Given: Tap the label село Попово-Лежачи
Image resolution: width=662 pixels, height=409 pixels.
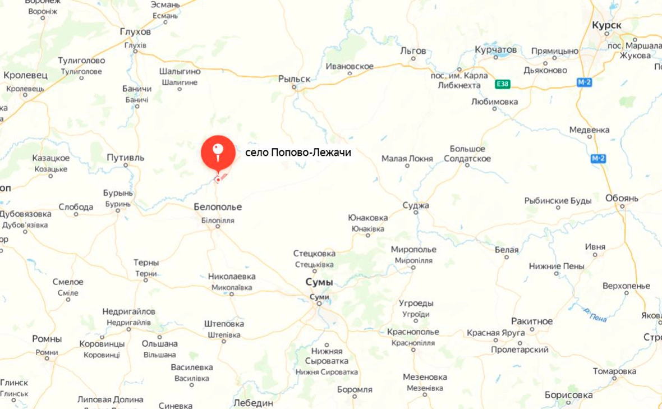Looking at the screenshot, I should coord(298,152).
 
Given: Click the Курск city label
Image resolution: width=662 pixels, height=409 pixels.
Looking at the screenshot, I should coord(606,26).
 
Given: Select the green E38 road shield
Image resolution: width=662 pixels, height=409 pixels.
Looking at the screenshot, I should coord(503,84).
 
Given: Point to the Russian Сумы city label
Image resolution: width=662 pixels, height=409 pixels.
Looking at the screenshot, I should coord(319,282).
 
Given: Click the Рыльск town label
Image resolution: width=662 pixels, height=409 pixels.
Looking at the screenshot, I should coord(294,79).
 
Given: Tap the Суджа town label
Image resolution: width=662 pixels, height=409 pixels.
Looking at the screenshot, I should coord(416,205).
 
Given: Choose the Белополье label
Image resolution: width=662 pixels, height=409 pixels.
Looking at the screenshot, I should coord(218,207).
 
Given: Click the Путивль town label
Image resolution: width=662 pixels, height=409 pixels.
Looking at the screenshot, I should coord(126,158).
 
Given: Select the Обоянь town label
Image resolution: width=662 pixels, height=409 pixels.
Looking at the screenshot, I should coord(622,198).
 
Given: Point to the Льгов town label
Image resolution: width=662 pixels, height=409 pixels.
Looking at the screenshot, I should coord(413,50).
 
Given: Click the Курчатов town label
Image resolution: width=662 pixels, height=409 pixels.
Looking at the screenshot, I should coord(495,50).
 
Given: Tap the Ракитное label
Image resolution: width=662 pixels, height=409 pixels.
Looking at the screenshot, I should coord(532,321).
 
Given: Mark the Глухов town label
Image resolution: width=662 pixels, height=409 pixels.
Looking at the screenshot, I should coord(135,31).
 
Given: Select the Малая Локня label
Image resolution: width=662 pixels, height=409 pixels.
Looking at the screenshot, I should coord(407,159).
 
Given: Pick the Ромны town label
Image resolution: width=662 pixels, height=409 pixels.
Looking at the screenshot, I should coord(47,339).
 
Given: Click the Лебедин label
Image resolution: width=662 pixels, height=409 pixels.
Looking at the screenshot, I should coord(253,403).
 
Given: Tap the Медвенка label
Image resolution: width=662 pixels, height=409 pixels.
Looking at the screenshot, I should coord(589,130).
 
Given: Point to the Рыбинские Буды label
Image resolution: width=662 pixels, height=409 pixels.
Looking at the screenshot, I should coord(558,200).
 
